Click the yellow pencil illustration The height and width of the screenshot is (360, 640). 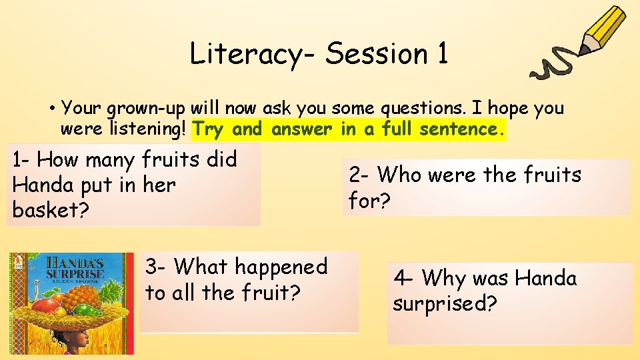(603, 31)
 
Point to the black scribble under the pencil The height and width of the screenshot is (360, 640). (554, 64)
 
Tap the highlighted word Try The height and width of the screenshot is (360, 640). (208, 129)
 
